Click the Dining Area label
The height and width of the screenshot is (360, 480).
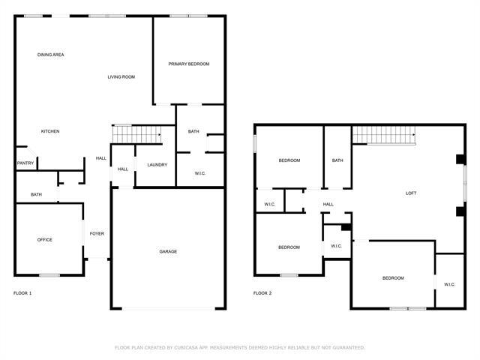(51, 55)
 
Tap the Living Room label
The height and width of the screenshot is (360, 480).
(121, 76)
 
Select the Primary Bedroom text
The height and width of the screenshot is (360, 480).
(188, 64)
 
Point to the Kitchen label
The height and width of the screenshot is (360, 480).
(50, 131)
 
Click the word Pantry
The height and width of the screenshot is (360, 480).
(24, 163)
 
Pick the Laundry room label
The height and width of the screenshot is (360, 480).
(157, 165)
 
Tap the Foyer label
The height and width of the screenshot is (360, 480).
(97, 233)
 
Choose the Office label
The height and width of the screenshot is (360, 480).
(45, 239)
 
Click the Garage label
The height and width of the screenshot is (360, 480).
(167, 251)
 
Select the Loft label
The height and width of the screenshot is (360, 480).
(411, 193)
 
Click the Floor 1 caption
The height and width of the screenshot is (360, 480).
(22, 293)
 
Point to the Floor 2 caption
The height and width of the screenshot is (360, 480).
(262, 293)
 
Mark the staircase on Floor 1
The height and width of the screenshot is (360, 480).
(136, 133)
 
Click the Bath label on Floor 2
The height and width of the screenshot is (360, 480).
(337, 160)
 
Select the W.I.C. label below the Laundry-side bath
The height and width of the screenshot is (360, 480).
(200, 173)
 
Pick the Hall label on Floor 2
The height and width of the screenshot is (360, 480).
(328, 204)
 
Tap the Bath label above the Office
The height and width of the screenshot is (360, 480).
(36, 195)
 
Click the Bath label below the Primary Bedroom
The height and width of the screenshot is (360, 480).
(193, 131)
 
